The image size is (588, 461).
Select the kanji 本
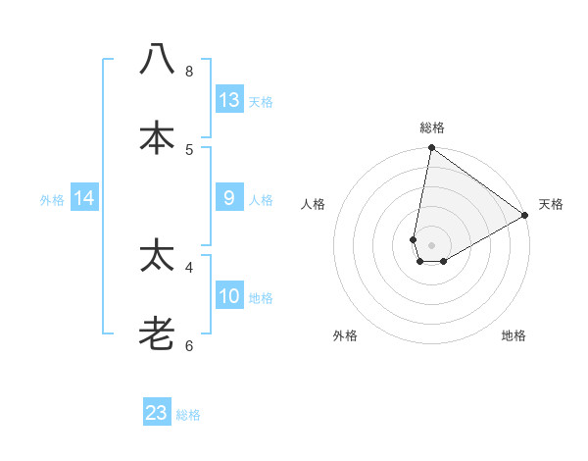pos(157,138)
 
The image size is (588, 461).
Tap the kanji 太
pos(157,257)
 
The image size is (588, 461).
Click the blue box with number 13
pos(229,99)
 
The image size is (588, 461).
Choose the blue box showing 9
pos(229,198)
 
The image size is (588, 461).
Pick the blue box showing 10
pos(229,296)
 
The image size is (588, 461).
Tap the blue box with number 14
pos(84,198)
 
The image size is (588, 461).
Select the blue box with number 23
pos(157,413)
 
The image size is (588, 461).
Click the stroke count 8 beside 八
pos(189,72)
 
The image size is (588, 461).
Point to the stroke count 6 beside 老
pos(189,345)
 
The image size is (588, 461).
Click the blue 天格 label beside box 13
pos(261,101)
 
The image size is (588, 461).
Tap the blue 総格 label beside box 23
pos(188,415)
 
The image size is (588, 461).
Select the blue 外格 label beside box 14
pos(52,200)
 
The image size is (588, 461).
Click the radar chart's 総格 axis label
pos(432,128)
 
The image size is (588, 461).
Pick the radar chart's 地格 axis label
pos(514,336)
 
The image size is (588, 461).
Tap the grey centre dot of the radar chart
pos(432,245)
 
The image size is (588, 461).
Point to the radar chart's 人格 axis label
pos(314,204)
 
